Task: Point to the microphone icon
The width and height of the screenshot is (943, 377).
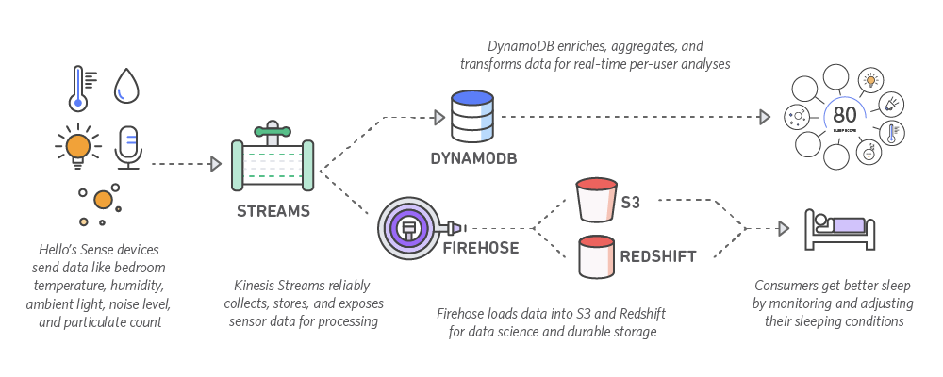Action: point(126,148)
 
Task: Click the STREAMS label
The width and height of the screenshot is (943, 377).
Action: point(273,211)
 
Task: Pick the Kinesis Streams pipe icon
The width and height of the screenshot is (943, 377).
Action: point(273,156)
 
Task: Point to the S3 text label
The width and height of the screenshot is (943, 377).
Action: point(631,202)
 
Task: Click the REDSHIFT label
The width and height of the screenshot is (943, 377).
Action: point(657,255)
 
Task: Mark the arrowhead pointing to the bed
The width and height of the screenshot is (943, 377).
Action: point(782,228)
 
